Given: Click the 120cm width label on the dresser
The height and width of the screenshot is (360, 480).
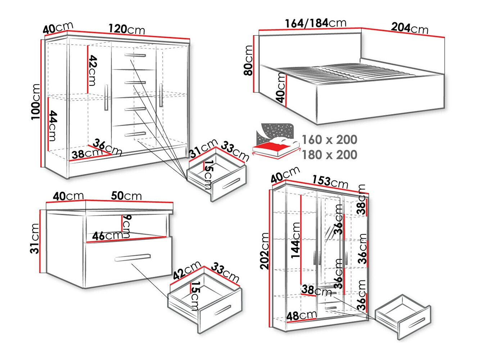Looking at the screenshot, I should [x=127, y=29].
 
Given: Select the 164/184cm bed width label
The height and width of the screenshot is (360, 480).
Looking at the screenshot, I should [x=316, y=23].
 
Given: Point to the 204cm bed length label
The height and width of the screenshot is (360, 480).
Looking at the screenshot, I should [x=409, y=28].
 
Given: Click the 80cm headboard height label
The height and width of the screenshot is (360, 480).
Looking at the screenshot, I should [x=248, y=60].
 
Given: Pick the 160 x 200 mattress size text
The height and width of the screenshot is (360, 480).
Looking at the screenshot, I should [x=329, y=140].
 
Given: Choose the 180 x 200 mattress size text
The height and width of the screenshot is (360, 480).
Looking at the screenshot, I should [x=329, y=155].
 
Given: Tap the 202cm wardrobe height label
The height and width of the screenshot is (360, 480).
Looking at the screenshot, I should [x=265, y=251].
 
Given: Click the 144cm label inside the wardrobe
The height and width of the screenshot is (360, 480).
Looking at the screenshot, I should [x=296, y=240].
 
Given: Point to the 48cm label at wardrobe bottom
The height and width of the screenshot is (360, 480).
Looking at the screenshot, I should [x=301, y=316].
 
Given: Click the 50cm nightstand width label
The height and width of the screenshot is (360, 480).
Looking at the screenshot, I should [x=126, y=196].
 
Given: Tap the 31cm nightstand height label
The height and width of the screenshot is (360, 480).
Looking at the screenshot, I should [x=35, y=238].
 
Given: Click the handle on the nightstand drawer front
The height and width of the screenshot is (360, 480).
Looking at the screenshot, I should [x=132, y=257].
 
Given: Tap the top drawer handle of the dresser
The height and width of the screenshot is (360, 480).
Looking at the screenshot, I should [x=135, y=55].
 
